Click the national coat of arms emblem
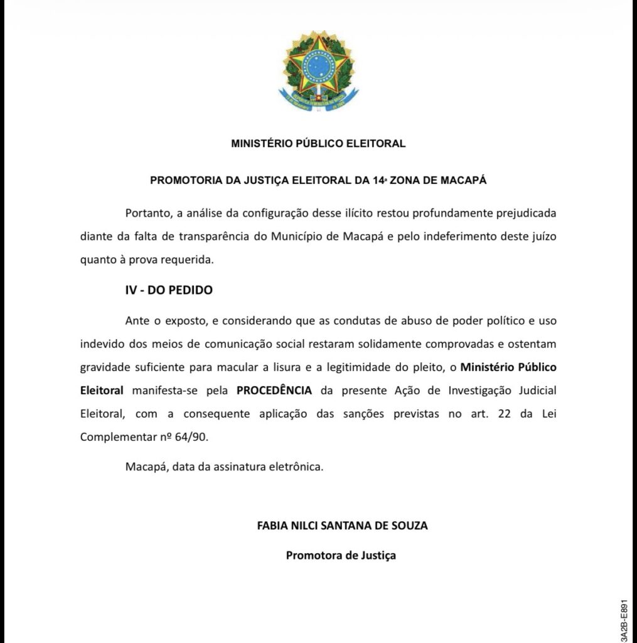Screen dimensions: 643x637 click(318, 71)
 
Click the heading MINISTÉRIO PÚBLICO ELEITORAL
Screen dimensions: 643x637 click(318, 143)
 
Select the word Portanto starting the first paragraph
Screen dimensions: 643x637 click(147, 212)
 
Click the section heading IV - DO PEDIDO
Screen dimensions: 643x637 click(169, 291)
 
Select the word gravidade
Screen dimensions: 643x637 click(104, 367)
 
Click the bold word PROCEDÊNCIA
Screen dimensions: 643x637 click(274, 390)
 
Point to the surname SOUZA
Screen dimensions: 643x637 click(409, 526)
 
